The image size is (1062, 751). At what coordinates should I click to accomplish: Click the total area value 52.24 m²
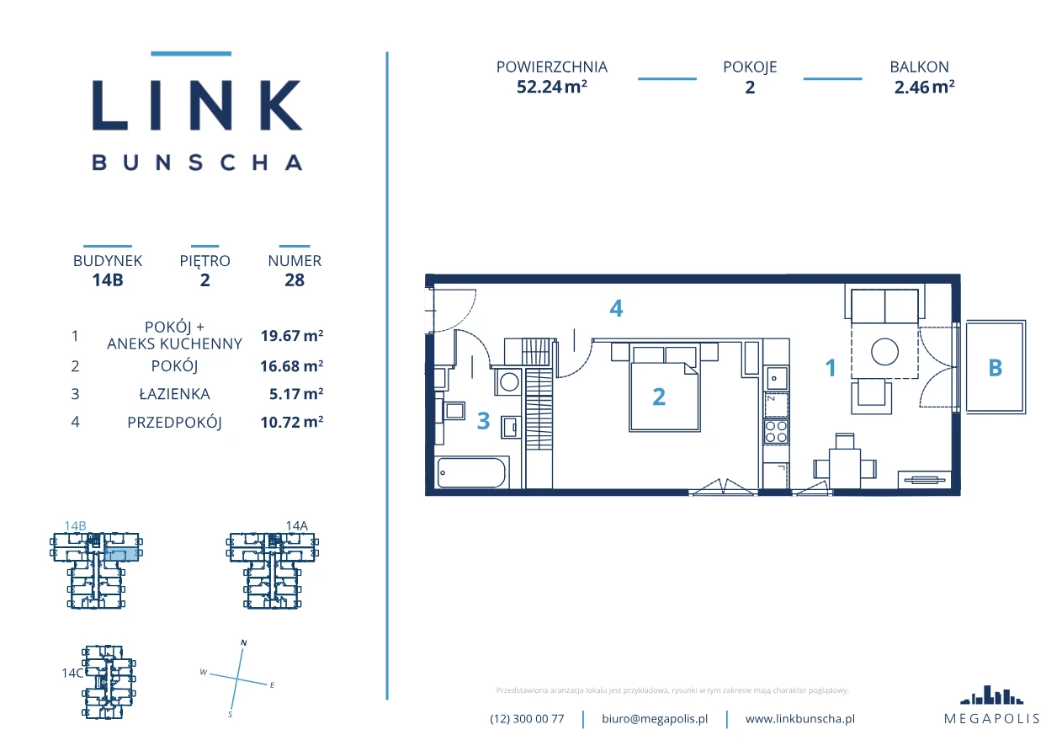551,87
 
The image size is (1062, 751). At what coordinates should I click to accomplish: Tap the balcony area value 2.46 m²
924,87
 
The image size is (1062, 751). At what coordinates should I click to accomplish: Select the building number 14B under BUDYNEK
108,280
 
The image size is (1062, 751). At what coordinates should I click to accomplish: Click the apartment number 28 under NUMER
295,280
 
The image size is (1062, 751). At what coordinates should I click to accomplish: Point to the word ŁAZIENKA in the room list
174,394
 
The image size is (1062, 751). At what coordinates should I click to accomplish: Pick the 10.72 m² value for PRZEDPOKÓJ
291,422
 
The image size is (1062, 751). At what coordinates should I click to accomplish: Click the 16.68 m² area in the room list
291,365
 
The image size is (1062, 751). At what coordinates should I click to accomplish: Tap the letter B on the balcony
996,368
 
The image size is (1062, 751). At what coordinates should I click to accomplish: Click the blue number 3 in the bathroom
483,420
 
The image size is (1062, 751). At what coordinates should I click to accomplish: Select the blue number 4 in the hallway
616,308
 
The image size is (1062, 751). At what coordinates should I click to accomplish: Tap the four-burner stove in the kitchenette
776,432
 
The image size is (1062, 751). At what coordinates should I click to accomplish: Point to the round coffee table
884,352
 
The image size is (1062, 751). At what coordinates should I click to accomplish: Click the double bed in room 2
665,388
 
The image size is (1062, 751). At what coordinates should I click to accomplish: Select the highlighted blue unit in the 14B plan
122,554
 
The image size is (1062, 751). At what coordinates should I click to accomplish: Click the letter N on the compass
244,643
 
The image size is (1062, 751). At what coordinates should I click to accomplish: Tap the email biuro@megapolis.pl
655,719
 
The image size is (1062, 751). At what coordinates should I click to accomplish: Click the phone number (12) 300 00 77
527,719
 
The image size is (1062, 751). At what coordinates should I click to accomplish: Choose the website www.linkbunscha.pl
799,719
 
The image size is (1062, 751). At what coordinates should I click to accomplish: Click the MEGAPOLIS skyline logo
991,695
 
